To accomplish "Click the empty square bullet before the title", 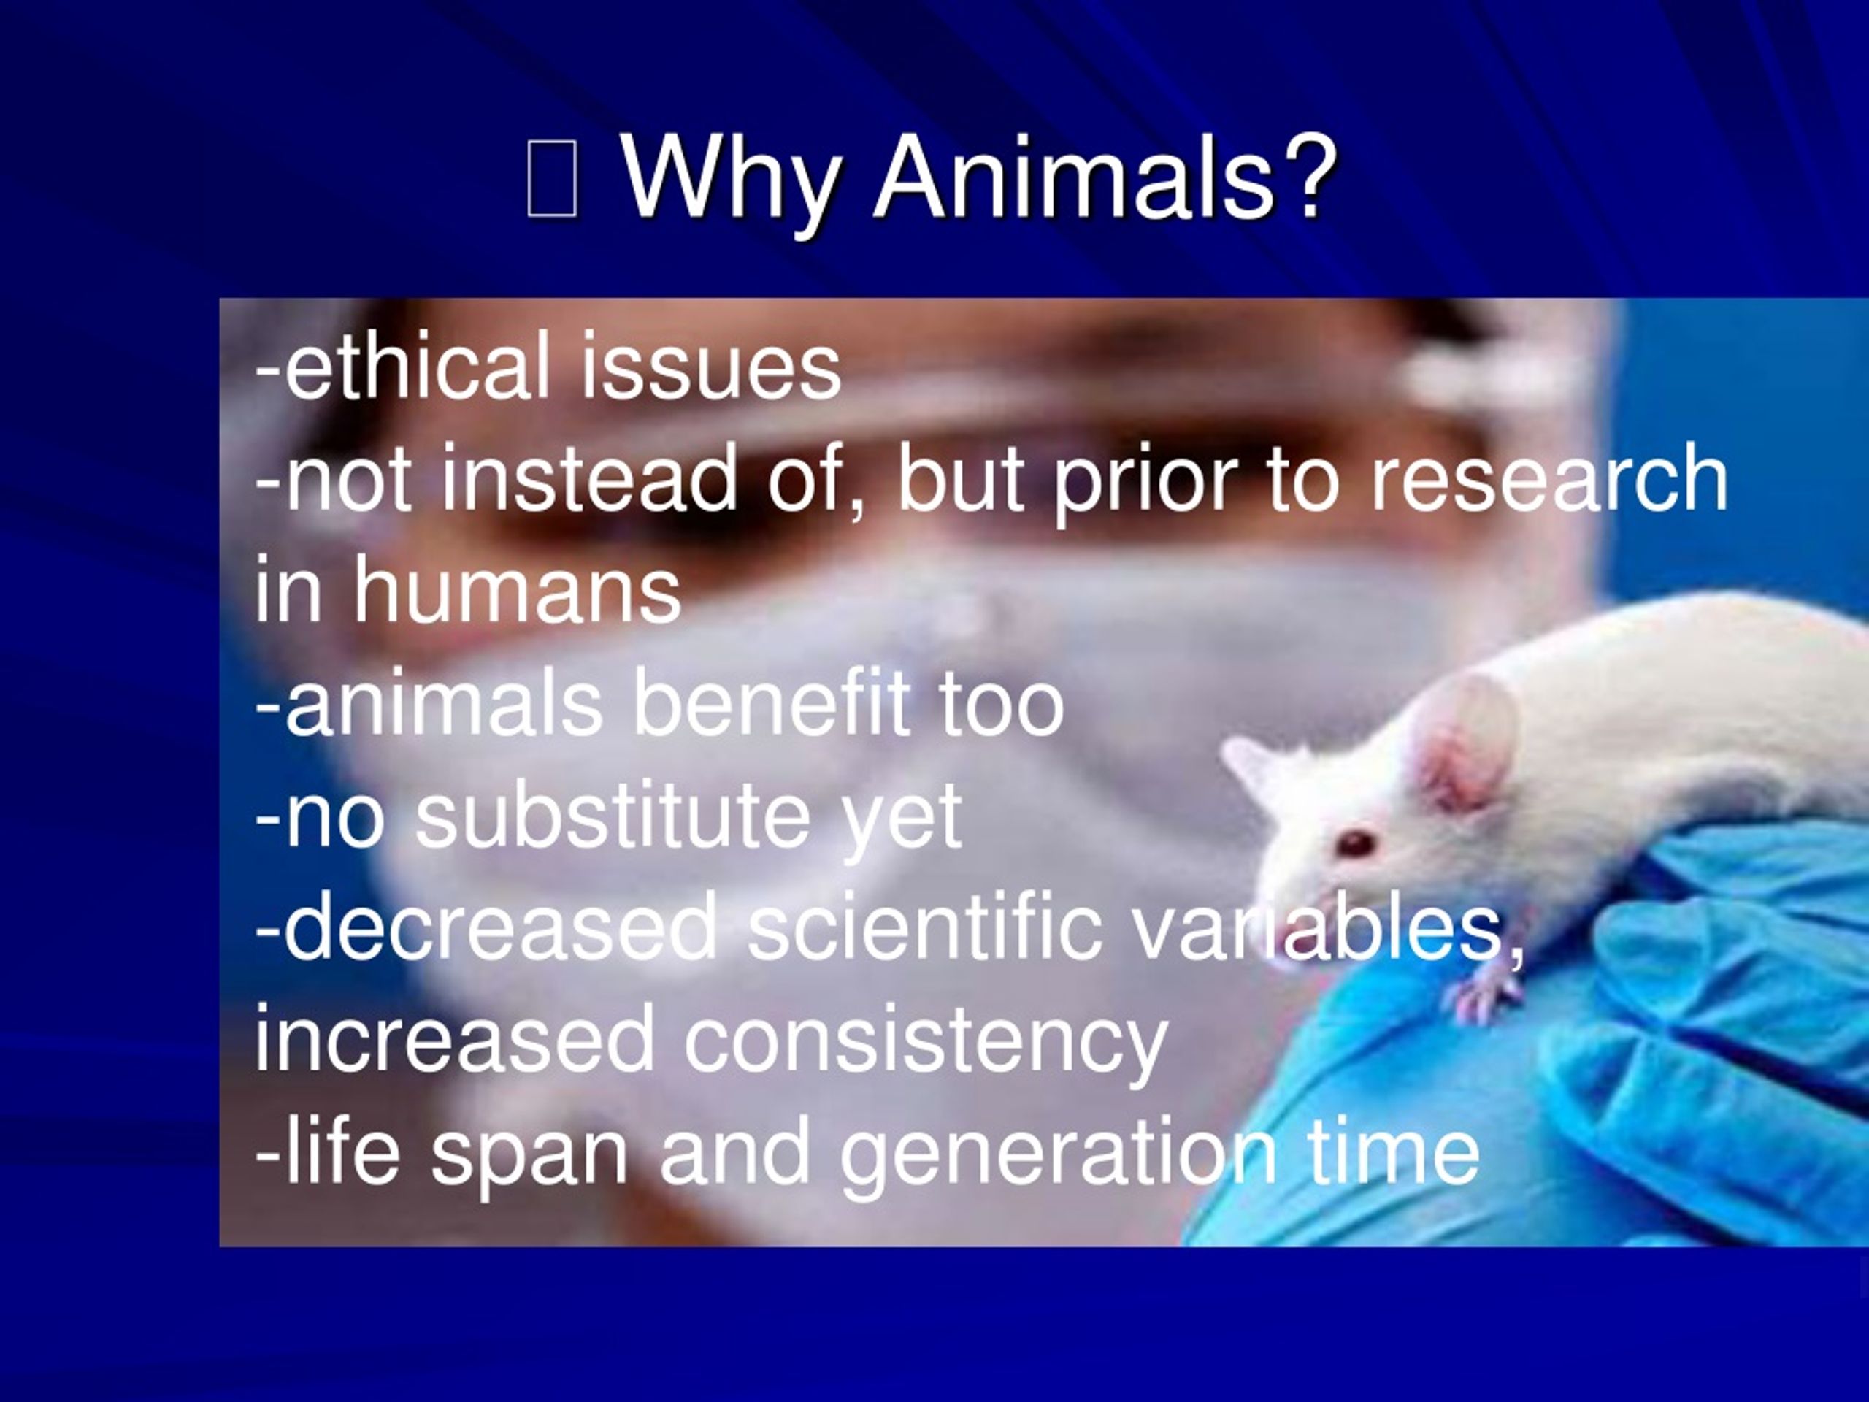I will (x=552, y=178).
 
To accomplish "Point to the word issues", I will (x=710, y=367).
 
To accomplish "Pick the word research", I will (x=1548, y=479).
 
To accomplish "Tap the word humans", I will (x=516, y=591).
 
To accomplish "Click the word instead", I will (x=589, y=479).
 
